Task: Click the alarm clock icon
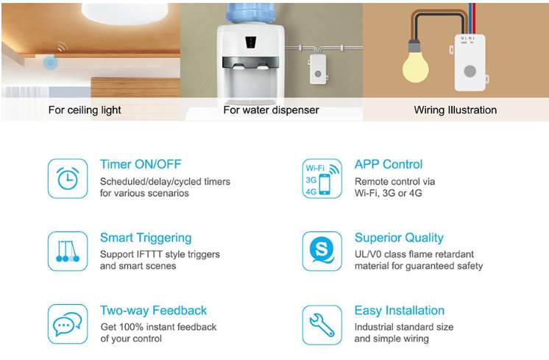click(68, 178)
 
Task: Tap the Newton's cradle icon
click(68, 251)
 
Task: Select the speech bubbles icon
click(68, 324)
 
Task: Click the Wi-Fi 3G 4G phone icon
click(322, 178)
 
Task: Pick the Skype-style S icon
click(322, 251)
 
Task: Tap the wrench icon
click(322, 324)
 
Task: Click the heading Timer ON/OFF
click(140, 164)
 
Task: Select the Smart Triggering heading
click(146, 238)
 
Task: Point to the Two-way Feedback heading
click(153, 311)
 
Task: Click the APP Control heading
click(389, 164)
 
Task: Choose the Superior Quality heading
click(399, 238)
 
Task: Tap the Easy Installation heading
click(400, 311)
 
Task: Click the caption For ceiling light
click(85, 110)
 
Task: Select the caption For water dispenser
click(271, 110)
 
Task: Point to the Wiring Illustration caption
click(455, 110)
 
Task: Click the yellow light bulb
click(416, 67)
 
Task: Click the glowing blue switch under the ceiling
click(50, 63)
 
